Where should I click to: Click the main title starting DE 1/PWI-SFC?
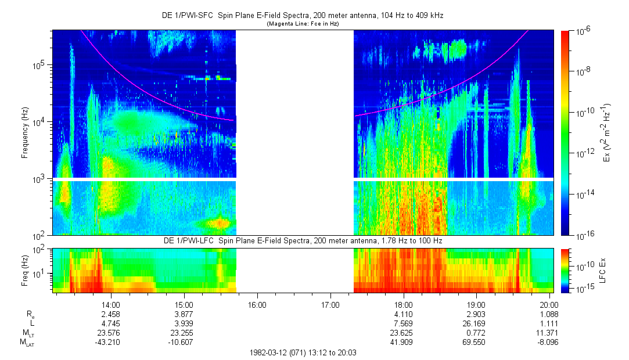point(302,16)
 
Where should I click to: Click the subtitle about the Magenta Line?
point(302,24)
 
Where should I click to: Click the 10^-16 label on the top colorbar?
point(584,235)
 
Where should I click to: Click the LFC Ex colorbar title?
point(606,269)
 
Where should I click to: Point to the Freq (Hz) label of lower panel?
point(24,269)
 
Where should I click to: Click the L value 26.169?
point(476,323)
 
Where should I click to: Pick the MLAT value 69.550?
point(476,343)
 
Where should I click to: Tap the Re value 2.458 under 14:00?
point(111,314)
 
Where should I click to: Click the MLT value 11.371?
point(549,333)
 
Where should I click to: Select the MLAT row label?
point(27,343)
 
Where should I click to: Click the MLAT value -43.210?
point(111,343)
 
